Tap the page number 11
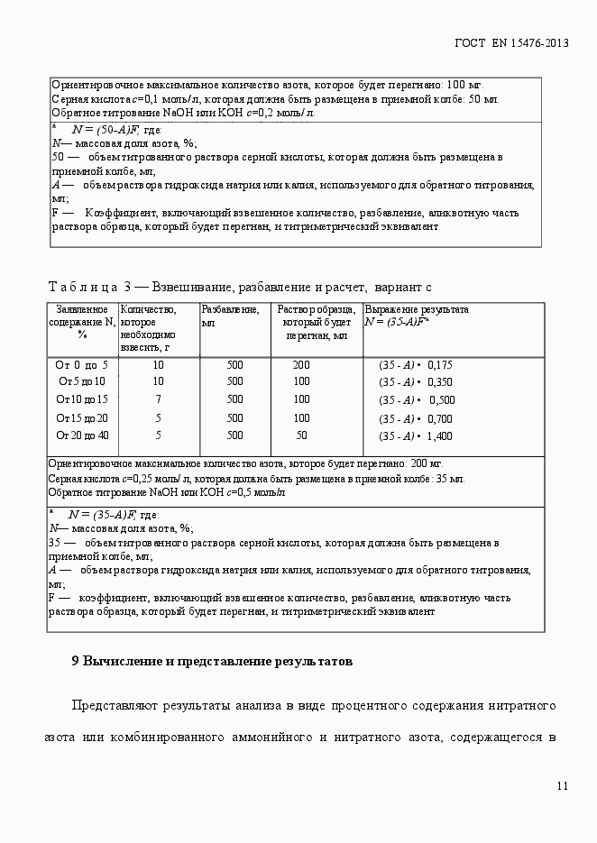(563, 786)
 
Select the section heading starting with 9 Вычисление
(211, 661)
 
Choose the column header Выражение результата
(416, 309)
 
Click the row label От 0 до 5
(81, 365)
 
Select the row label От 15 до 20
(81, 417)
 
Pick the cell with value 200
(301, 365)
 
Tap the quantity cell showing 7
(158, 399)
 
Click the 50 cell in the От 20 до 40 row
(301, 435)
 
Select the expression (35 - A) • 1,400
(415, 436)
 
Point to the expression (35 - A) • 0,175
(415, 366)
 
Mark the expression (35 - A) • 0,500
(416, 400)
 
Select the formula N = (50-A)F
(105, 130)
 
